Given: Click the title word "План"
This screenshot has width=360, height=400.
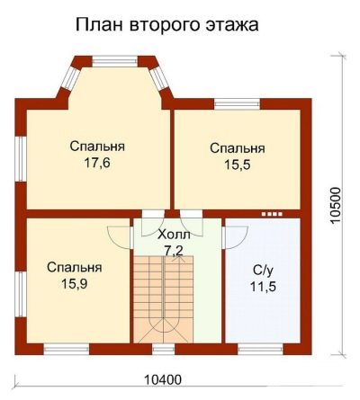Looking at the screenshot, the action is (x=99, y=25).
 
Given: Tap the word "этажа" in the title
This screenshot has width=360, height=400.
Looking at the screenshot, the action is (x=232, y=25).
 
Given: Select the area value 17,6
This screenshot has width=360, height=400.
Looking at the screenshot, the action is (x=97, y=164).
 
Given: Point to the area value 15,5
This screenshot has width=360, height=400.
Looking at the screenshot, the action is (x=238, y=165).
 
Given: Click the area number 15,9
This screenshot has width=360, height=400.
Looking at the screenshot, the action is (x=75, y=284).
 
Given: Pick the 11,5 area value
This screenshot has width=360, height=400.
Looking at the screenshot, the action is (x=263, y=287).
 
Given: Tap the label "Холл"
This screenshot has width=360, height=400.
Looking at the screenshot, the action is (x=174, y=235).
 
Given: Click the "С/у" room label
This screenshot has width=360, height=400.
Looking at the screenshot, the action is (x=264, y=271).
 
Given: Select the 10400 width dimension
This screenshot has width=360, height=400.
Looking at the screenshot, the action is (x=163, y=380).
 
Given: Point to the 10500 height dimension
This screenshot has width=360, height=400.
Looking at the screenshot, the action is (x=336, y=205).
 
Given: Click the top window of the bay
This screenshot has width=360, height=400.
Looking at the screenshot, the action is (x=114, y=62).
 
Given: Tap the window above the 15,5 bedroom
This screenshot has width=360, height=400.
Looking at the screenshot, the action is (x=237, y=103).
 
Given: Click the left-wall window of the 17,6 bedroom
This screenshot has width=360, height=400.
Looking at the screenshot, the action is (x=21, y=159).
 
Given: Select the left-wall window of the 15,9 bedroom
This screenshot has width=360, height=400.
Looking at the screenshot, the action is (x=21, y=294).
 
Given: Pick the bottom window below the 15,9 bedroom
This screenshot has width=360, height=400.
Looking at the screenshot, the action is (x=67, y=349).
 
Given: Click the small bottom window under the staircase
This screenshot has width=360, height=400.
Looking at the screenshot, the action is (x=163, y=349).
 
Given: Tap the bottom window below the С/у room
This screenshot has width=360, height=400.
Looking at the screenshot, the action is (x=260, y=349).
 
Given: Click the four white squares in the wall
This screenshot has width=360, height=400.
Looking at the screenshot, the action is (x=272, y=214).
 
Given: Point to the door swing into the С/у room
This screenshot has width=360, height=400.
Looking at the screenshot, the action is (x=235, y=237).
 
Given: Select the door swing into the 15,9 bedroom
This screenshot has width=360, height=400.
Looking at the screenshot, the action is (x=120, y=237).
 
